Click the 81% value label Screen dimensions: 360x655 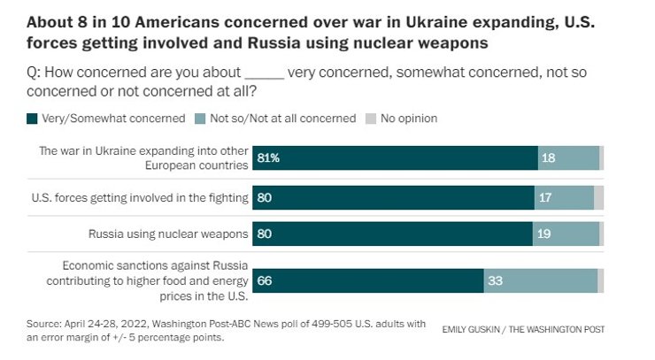(268, 157)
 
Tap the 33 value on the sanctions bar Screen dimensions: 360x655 (497, 280)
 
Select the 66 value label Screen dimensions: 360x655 (265, 280)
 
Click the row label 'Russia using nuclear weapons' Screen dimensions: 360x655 (169, 234)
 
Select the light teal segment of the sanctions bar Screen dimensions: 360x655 (540, 280)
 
